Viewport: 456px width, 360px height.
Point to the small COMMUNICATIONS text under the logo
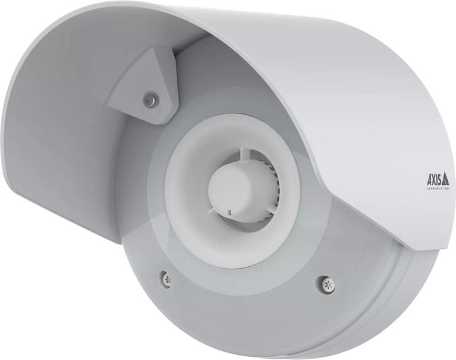point(436,188)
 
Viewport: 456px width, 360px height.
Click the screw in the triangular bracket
point(150,98)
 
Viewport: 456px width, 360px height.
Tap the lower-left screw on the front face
point(165,277)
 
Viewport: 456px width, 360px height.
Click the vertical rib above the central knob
point(244,154)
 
